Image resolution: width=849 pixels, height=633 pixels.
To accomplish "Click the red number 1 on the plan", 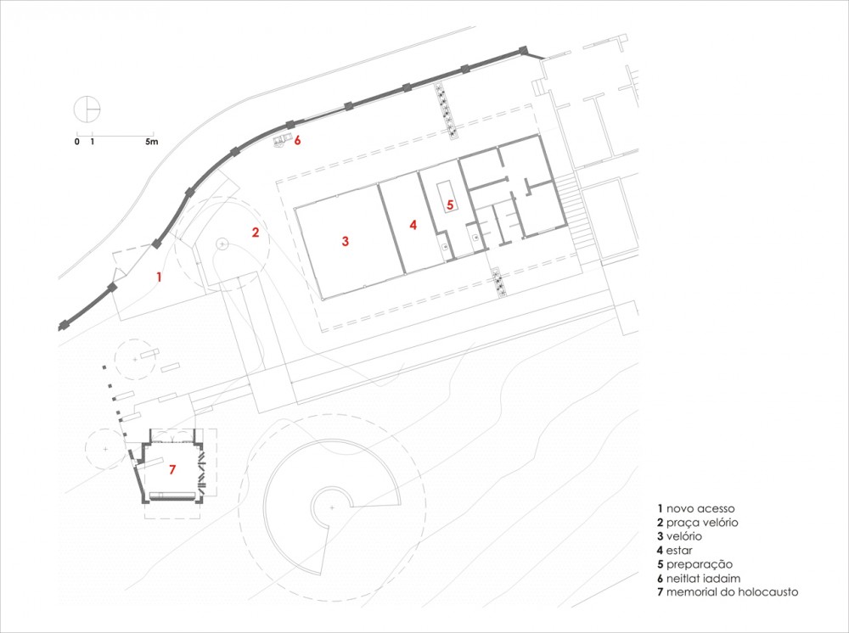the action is point(159,277).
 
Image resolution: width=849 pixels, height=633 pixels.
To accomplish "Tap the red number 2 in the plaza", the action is point(256,232).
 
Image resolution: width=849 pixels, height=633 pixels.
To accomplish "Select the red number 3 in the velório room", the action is point(346,241).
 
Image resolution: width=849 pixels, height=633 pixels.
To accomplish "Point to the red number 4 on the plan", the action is point(413,225).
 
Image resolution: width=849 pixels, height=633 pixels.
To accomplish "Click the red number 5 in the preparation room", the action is point(450,205).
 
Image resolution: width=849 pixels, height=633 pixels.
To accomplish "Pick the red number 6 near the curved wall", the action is point(296,141).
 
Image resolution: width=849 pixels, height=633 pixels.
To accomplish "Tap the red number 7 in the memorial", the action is point(172,469).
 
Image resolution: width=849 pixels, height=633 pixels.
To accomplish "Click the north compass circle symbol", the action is point(87,109).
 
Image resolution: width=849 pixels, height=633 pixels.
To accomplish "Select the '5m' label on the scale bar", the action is point(152,142).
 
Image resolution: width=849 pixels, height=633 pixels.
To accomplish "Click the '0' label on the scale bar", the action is point(77,142).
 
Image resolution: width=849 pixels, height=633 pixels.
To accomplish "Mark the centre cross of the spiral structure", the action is point(332,507).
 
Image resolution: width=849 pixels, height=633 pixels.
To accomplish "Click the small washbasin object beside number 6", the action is point(279,140).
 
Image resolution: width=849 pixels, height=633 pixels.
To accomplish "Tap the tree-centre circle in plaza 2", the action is point(222,244).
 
